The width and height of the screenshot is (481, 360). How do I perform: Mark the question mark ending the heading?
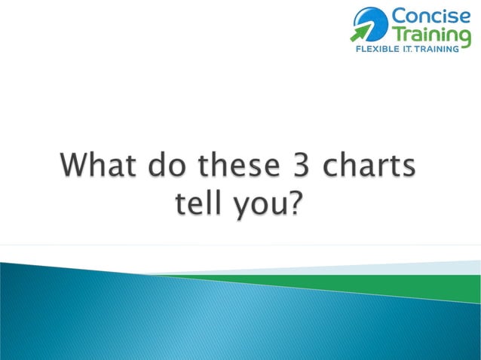coord(299,202)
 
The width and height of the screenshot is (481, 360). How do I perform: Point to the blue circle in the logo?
coord(372,21)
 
